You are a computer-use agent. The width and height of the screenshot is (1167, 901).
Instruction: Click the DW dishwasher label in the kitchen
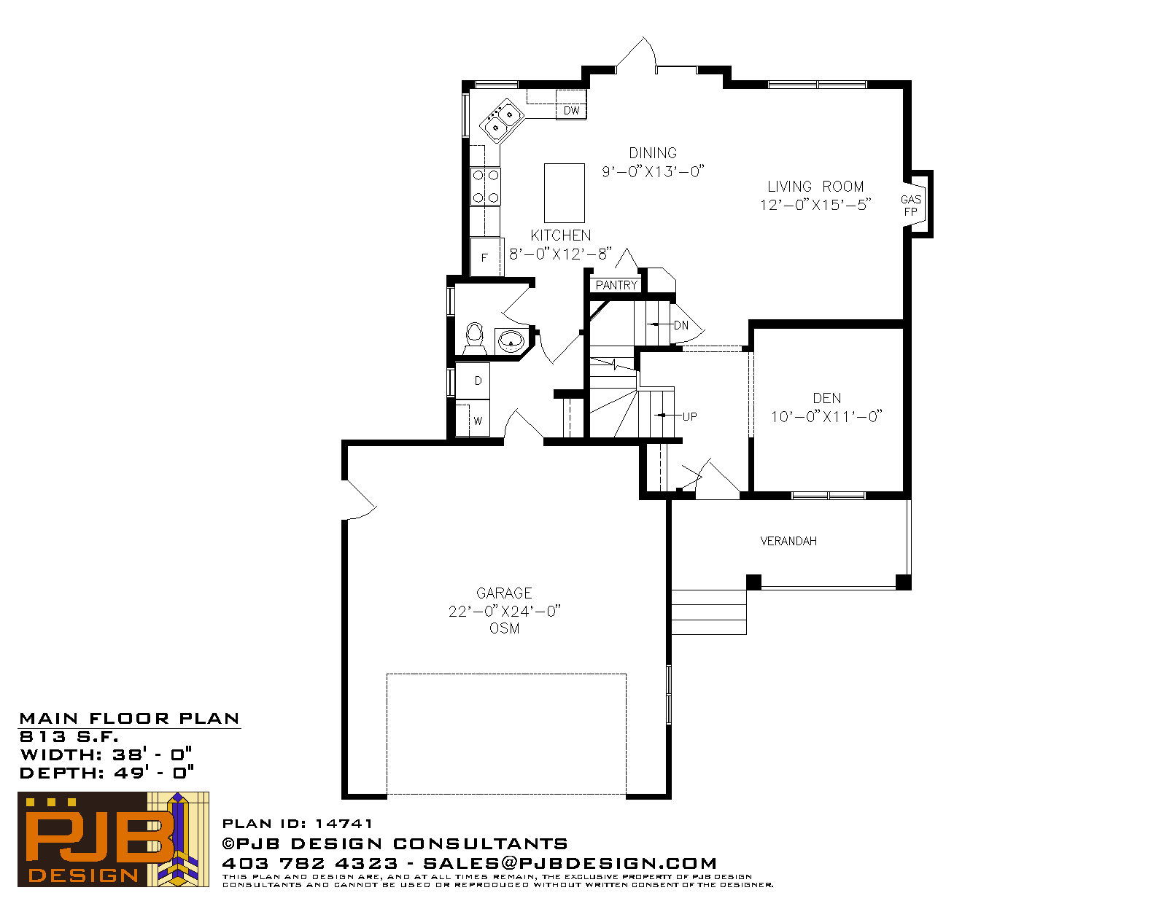571,111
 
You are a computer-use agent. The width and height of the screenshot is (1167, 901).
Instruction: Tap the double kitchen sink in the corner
502,121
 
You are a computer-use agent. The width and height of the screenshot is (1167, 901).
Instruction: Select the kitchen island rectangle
565,193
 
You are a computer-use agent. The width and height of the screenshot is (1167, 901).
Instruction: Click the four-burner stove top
486,186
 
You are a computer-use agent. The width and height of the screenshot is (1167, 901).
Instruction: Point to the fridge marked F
486,257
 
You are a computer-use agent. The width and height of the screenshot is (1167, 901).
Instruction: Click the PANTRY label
616,285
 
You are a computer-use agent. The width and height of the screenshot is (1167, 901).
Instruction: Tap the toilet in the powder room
475,339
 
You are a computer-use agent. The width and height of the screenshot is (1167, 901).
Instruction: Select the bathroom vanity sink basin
511,340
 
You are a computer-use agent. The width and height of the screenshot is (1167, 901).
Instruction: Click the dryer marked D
473,381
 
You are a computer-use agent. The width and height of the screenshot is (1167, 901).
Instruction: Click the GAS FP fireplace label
911,206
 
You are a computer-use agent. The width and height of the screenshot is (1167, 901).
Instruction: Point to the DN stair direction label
681,325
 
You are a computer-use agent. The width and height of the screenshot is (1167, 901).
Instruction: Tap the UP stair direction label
689,416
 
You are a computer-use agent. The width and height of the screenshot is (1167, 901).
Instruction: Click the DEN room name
827,398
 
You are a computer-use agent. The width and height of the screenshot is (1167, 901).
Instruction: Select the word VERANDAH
788,541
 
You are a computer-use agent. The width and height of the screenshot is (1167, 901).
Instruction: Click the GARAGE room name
504,593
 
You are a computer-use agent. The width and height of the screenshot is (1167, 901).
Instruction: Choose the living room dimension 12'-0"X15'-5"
815,205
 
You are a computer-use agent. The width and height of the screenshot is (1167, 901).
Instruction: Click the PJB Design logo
113,839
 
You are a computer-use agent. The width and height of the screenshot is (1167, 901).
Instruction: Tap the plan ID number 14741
344,824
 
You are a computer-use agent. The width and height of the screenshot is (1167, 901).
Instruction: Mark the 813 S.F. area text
69,736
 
